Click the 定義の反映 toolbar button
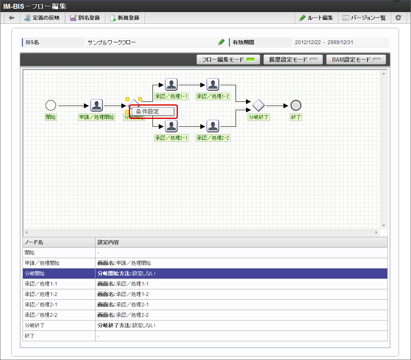(x=42, y=18)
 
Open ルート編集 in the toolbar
(x=316, y=18)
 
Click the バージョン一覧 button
(x=364, y=18)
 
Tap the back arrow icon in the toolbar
(x=12, y=18)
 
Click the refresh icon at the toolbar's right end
(x=399, y=18)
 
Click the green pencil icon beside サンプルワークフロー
(x=221, y=42)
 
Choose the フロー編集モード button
(x=228, y=59)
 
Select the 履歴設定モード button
(x=293, y=59)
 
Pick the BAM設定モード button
(x=356, y=59)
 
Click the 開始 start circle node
(x=51, y=106)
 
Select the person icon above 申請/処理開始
(x=96, y=106)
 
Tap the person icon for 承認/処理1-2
(x=213, y=84)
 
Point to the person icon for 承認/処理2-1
(x=171, y=126)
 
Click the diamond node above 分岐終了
(x=258, y=106)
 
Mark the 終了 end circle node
(x=296, y=106)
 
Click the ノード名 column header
(x=34, y=242)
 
